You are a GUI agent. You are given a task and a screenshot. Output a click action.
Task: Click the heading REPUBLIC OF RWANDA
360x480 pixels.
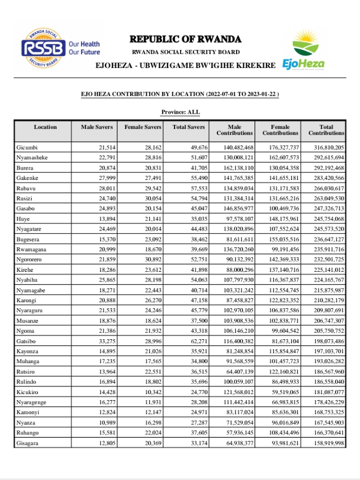(x=185, y=39)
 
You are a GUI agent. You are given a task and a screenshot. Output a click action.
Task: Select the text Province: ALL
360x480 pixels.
(x=181, y=112)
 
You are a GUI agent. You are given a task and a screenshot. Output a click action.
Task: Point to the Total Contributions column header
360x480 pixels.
(x=326, y=130)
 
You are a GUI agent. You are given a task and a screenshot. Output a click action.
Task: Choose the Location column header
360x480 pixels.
(x=45, y=127)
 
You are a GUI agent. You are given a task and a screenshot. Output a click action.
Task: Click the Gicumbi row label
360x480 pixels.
(x=28, y=148)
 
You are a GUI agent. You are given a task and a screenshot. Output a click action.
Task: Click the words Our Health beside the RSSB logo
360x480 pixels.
(x=84, y=44)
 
